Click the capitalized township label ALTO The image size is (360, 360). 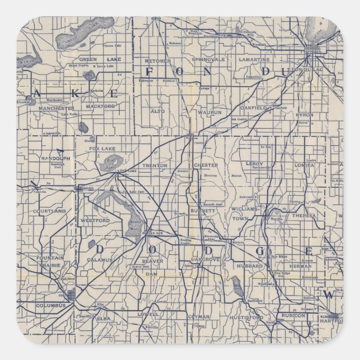[158, 111]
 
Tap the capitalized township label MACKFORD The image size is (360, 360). [101, 106]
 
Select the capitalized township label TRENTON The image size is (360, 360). [155, 166]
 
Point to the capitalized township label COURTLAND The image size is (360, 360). [49, 211]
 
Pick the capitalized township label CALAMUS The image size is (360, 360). [100, 259]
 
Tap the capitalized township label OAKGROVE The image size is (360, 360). [205, 260]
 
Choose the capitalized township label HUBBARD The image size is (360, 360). [250, 266]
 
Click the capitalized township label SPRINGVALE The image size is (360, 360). [207, 59]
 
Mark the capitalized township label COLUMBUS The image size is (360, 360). [51, 306]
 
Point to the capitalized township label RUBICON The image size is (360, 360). [292, 315]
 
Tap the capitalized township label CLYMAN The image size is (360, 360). [200, 317]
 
